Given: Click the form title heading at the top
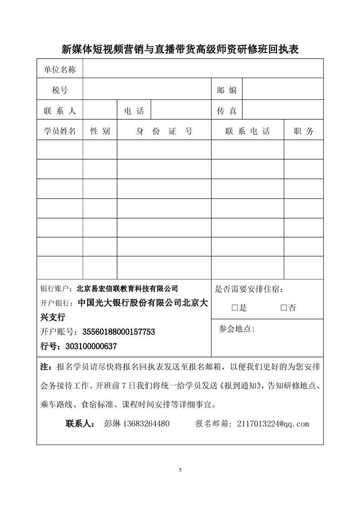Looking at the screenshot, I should [x=180, y=49].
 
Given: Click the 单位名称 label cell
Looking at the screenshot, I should [x=59, y=69].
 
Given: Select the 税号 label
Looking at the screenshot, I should [x=59, y=90].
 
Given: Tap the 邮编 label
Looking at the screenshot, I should [x=227, y=90].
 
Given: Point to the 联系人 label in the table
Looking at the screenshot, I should [x=59, y=111].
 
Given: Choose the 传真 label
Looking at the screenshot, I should [x=227, y=111].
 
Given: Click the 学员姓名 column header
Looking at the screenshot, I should [x=59, y=132].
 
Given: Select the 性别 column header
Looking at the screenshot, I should [x=100, y=132].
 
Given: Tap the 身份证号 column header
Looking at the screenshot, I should [x=164, y=132].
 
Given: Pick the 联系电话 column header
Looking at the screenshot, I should [x=247, y=132].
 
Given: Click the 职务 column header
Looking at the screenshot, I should [x=303, y=132].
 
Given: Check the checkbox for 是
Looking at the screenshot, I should [x=235, y=308].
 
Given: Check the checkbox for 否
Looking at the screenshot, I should [x=284, y=308].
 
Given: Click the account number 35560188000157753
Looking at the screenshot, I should [x=111, y=332].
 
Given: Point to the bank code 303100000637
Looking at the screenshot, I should [x=91, y=346].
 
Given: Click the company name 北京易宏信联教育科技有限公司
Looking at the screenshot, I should [x=128, y=288].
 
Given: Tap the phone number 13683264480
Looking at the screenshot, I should [x=143, y=424].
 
